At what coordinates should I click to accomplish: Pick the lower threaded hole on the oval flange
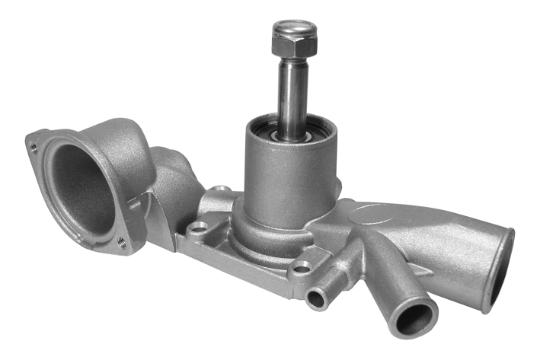click(x=122, y=243)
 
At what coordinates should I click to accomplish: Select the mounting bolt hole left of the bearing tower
click(x=200, y=228)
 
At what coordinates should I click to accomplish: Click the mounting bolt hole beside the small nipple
click(x=302, y=268)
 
